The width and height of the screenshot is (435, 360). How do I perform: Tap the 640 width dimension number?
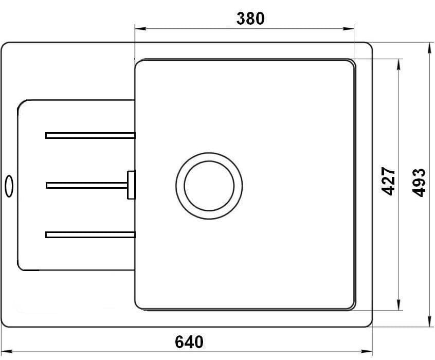point(189,342)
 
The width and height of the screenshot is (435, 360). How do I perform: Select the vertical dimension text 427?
point(389,181)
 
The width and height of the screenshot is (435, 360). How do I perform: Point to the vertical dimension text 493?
point(420,182)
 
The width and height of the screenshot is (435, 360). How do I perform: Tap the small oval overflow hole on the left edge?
point(9,186)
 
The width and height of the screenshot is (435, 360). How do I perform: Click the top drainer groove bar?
point(90,135)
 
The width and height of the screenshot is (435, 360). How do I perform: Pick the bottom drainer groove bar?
point(90,235)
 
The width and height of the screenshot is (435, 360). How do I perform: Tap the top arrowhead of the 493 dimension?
point(429,46)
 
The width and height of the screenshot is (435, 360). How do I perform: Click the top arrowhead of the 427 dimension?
point(399,62)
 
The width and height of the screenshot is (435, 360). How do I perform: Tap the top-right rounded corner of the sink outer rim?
point(368,47)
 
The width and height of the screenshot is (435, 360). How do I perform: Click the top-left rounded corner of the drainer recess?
point(22,104)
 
